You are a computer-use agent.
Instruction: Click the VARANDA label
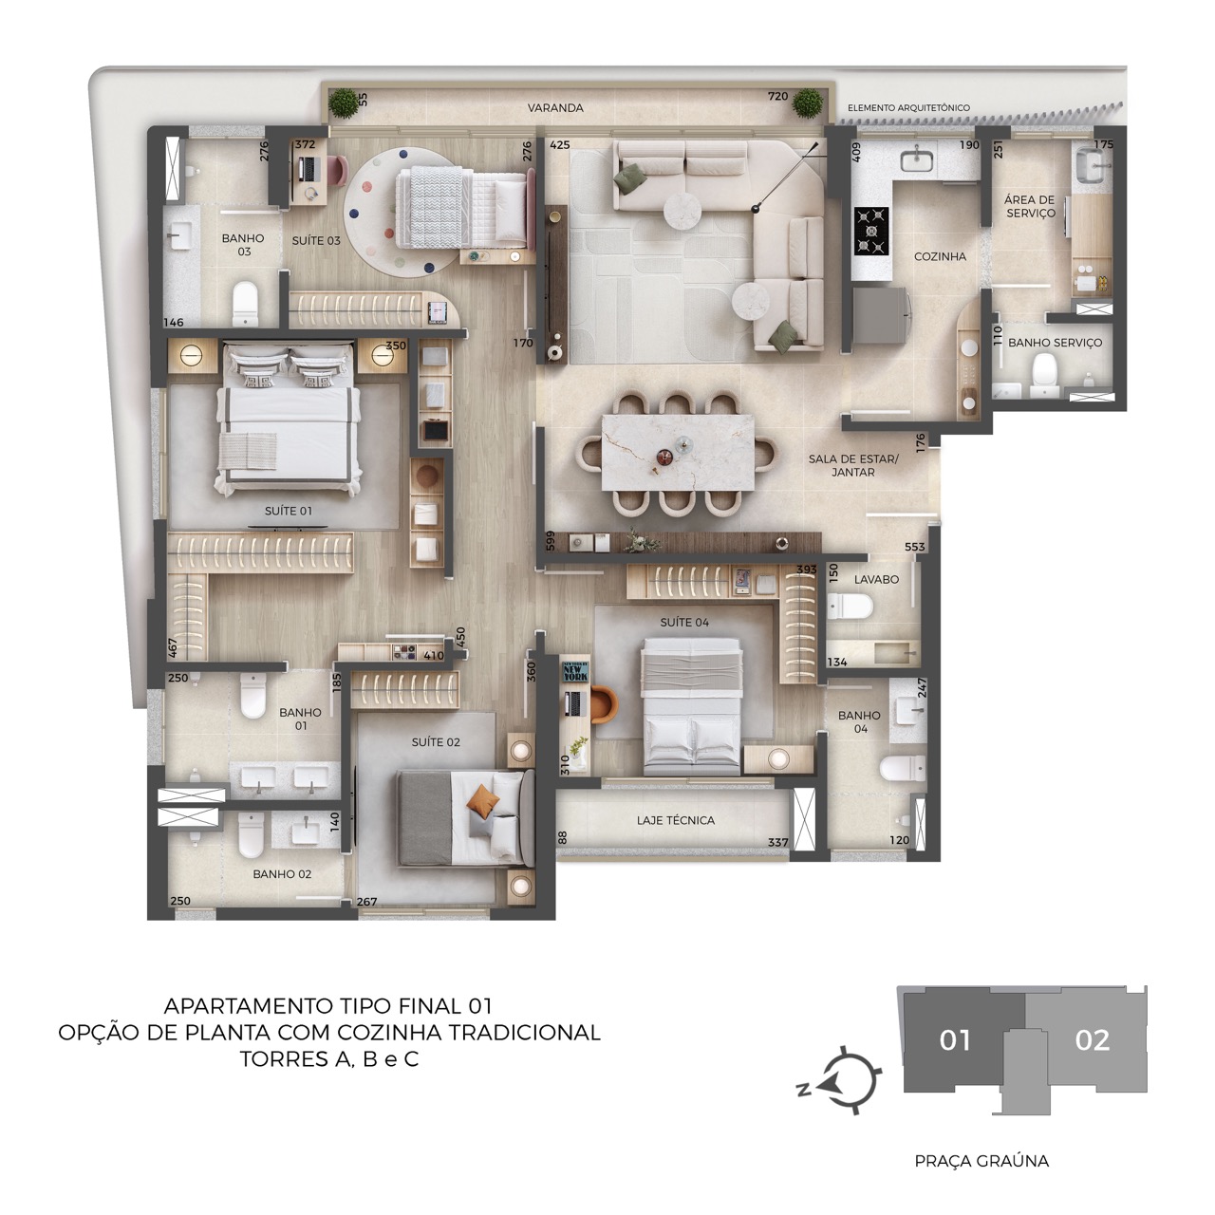click(555, 108)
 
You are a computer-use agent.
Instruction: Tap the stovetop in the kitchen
click(871, 231)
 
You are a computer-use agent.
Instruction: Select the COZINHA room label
click(940, 256)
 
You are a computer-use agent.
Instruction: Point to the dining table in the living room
click(678, 452)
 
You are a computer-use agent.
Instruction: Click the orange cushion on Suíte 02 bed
click(482, 799)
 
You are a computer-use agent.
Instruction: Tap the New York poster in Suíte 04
click(575, 671)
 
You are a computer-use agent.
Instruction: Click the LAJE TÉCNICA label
click(675, 820)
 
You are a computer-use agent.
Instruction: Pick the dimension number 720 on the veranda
click(778, 96)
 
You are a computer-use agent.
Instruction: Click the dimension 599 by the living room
click(550, 540)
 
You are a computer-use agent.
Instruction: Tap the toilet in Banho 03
click(245, 304)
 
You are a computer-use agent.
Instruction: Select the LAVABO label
click(876, 579)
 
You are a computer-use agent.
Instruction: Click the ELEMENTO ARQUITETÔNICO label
click(908, 108)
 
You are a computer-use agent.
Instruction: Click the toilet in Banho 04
click(902, 768)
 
